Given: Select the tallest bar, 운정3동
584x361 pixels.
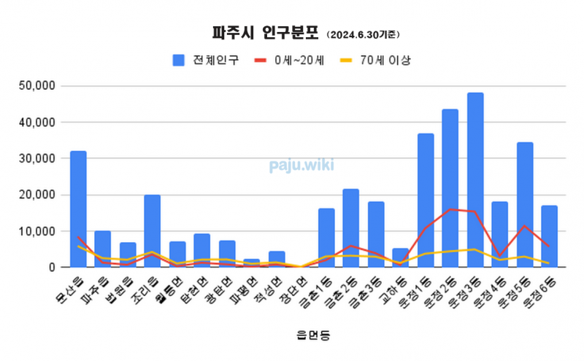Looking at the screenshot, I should coord(475,179).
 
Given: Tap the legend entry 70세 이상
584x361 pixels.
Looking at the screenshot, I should coord(385,61).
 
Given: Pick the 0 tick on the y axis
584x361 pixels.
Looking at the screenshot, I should coord(52,268).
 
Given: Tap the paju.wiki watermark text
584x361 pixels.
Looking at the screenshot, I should coord(301,166).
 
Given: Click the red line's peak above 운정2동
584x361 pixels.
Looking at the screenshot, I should coord(450,209).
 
